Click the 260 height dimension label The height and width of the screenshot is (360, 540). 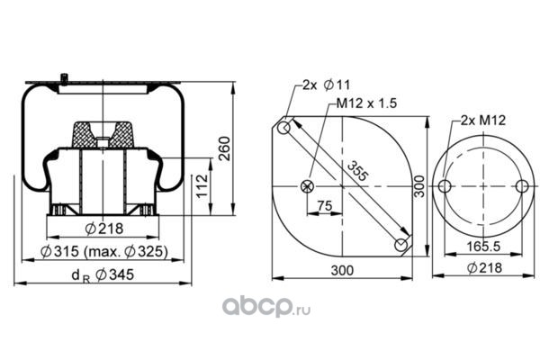(224, 148)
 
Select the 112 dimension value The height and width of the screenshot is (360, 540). (202, 185)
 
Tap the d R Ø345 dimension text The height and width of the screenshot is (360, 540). (103, 275)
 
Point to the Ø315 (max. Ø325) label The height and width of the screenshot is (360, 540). (104, 252)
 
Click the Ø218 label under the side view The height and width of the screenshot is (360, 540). (104, 229)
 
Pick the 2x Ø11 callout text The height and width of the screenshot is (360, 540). (326, 85)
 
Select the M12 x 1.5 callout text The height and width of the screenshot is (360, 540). (366, 103)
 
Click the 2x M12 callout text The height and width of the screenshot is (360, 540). (483, 121)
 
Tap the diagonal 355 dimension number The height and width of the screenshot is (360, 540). (356, 171)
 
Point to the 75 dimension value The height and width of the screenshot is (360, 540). (325, 206)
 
